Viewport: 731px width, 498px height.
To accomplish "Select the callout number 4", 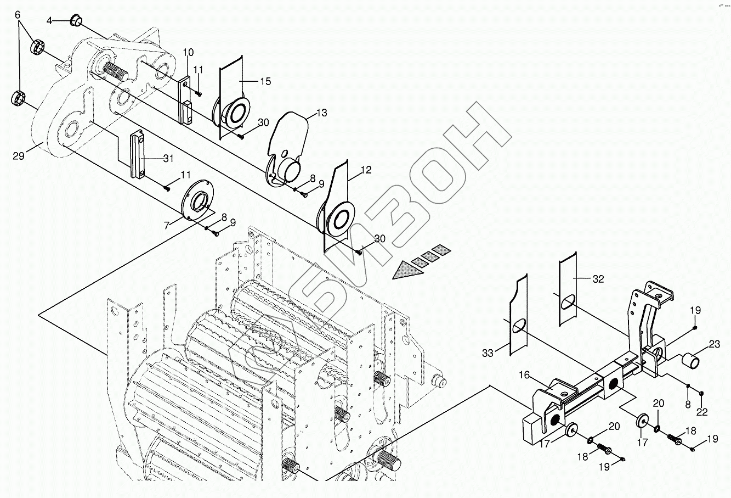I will pyautogui.click(x=49, y=20).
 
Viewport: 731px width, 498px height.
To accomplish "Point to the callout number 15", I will pyautogui.click(x=265, y=81).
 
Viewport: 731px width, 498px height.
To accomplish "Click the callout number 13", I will pyautogui.click(x=321, y=113).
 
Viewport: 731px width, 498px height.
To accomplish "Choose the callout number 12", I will pyautogui.click(x=366, y=171).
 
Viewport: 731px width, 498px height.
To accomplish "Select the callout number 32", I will pyautogui.click(x=598, y=279).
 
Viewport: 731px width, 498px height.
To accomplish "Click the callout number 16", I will pyautogui.click(x=524, y=375).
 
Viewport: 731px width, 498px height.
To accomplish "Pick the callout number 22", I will pyautogui.click(x=702, y=412).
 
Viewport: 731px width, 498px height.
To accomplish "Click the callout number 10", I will pyautogui.click(x=188, y=53).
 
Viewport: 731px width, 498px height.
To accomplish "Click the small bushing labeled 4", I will pyautogui.click(x=76, y=22).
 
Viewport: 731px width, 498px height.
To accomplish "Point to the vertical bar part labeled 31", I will pyautogui.click(x=136, y=153).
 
